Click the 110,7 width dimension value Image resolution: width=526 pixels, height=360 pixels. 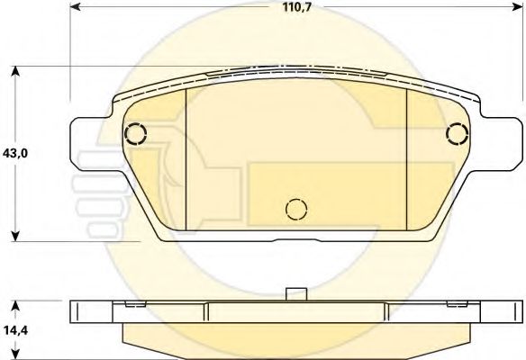pyautogui.click(x=297, y=7)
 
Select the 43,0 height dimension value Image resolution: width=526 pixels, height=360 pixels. pyautogui.click(x=15, y=153)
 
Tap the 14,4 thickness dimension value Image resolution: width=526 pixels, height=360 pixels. pyautogui.click(x=16, y=330)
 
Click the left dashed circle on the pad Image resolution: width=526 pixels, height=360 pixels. pyautogui.click(x=135, y=134)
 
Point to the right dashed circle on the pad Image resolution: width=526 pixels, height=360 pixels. pyautogui.click(x=458, y=134)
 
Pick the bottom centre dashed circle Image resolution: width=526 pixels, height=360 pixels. pyautogui.click(x=296, y=210)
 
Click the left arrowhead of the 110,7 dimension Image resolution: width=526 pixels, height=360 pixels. pyautogui.click(x=76, y=6)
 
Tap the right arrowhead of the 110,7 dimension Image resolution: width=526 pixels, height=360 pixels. pyautogui.click(x=518, y=6)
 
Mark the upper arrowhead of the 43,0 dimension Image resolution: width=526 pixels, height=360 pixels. pyautogui.click(x=15, y=71)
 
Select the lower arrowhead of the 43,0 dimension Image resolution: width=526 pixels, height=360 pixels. pyautogui.click(x=15, y=236)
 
